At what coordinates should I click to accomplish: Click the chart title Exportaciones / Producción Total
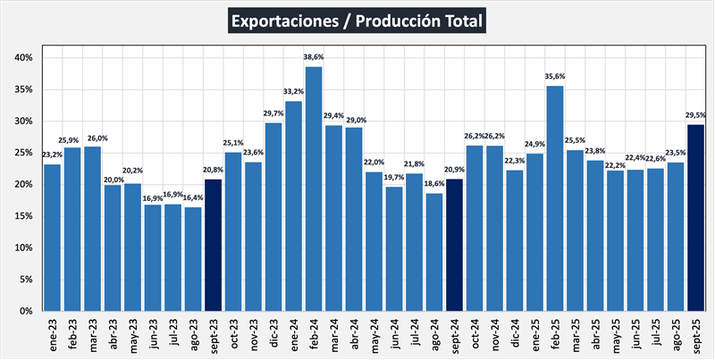point(357,21)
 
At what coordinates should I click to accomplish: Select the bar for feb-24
point(314,188)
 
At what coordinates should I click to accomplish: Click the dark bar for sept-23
point(214,245)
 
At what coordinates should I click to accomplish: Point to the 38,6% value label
point(314,57)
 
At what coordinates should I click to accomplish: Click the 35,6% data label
point(554,77)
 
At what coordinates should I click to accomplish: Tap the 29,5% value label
point(695,115)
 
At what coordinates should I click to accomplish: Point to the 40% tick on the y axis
point(24,58)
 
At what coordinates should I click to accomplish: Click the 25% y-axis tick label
point(24,153)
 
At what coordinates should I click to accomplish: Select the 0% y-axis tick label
point(27,311)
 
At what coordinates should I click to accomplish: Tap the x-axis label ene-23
point(53,334)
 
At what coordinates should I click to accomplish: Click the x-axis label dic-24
point(514,334)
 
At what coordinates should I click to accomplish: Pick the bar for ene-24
point(293,205)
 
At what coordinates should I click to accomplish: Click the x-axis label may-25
point(614,335)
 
